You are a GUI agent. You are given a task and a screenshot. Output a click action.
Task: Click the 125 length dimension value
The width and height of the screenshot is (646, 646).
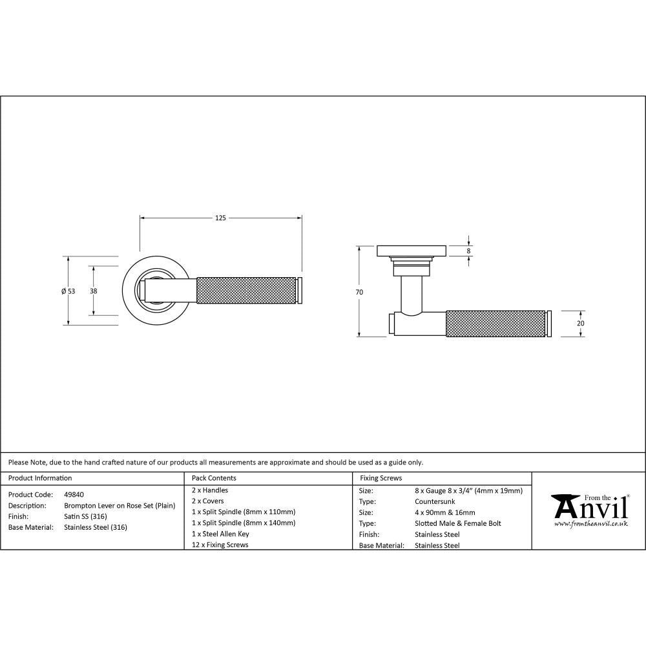[x=220, y=218]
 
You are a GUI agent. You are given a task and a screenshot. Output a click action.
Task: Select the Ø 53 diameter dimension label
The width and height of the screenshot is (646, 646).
[x=68, y=291]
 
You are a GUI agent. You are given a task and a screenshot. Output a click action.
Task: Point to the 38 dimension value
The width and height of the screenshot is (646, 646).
[x=94, y=291]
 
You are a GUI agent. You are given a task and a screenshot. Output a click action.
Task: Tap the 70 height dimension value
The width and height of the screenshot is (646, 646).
[x=359, y=292]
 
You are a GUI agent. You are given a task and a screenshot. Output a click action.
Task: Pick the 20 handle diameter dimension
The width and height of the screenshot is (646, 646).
[x=580, y=323]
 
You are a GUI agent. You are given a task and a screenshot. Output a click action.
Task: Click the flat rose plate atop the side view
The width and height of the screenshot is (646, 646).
[x=412, y=250]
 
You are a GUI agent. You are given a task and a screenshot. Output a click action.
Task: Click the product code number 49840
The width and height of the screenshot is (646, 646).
[x=74, y=494]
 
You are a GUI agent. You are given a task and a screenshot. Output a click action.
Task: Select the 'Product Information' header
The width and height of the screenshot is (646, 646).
[x=40, y=478]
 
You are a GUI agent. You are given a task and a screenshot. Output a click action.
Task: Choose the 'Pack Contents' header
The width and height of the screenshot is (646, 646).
[x=214, y=478]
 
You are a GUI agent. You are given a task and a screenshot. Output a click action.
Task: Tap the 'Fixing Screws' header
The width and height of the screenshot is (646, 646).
[x=380, y=478]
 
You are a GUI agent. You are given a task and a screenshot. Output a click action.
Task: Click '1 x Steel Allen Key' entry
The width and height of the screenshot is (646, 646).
[x=220, y=534]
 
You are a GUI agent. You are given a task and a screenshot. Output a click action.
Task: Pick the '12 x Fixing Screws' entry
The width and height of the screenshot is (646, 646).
[x=220, y=545]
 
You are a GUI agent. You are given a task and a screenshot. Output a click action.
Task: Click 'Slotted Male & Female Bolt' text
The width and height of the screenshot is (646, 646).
[x=457, y=523]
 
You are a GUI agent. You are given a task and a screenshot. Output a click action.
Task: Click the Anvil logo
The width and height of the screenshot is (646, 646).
[x=589, y=506]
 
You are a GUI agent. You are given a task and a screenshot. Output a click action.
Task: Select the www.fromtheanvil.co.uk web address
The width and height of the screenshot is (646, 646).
[x=590, y=524]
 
